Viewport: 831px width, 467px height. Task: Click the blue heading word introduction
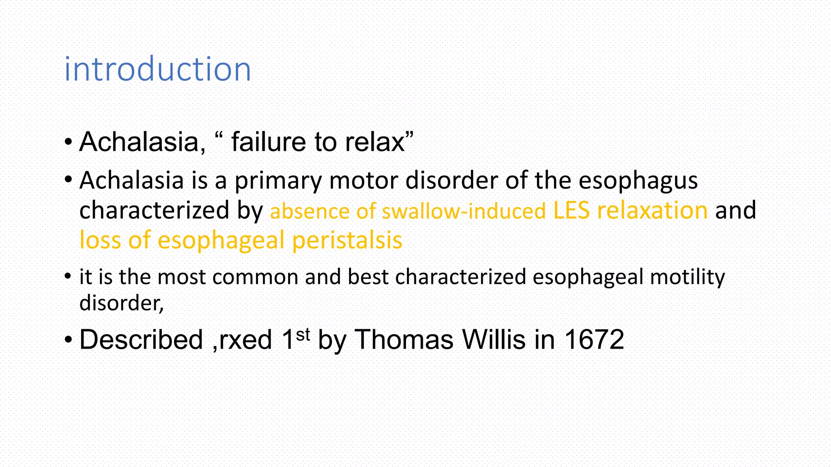pyautogui.click(x=157, y=70)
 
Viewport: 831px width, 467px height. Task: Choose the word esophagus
pyautogui.click(x=638, y=181)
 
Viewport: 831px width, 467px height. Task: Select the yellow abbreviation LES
pyautogui.click(x=571, y=210)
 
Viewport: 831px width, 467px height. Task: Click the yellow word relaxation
pyautogui.click(x=652, y=210)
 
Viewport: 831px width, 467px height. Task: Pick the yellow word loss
pyautogui.click(x=100, y=240)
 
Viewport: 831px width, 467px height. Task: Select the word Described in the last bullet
pyautogui.click(x=141, y=340)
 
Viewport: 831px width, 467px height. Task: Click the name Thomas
pyautogui.click(x=404, y=340)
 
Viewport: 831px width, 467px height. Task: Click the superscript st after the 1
pyautogui.click(x=303, y=335)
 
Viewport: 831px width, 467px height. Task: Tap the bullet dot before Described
pyautogui.click(x=68, y=340)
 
